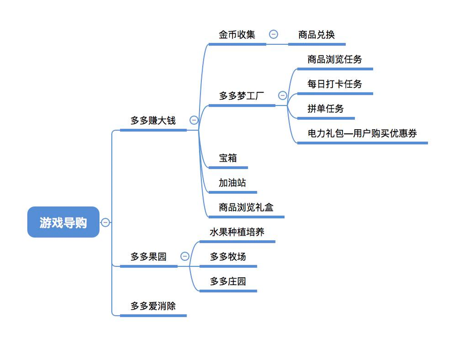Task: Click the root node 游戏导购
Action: [63, 222]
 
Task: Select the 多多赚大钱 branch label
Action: [153, 120]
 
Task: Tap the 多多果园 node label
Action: [149, 257]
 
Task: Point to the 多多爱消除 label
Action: [153, 306]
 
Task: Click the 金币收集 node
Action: [237, 35]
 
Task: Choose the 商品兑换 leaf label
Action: [316, 35]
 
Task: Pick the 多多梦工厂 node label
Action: [242, 96]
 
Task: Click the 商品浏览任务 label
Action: [335, 59]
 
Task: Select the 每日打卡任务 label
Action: [335, 84]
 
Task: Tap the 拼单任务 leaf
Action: [325, 108]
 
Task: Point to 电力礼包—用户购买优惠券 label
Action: [362, 133]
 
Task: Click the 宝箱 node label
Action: [228, 158]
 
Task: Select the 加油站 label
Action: [232, 183]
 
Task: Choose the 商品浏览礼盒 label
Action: [246, 207]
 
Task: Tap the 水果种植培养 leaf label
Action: [237, 232]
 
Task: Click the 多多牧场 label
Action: [228, 257]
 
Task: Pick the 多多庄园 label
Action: [228, 281]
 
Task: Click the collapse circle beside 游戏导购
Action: [105, 222]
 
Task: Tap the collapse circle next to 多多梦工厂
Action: [282, 96]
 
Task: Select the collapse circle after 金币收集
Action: [273, 35]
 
